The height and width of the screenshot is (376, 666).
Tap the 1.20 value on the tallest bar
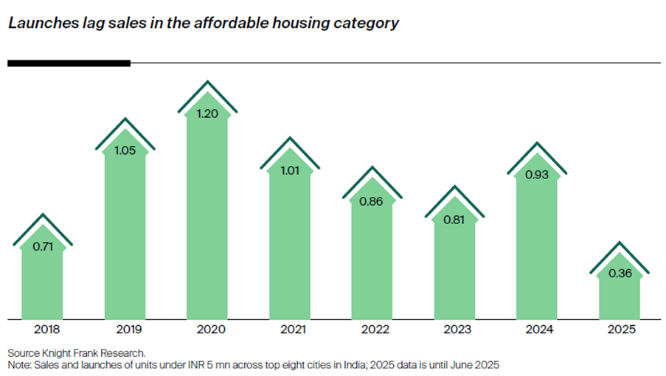(207, 114)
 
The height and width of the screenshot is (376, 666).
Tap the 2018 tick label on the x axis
(42, 330)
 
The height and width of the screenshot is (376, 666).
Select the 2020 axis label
(207, 330)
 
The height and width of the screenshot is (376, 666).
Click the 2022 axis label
(372, 330)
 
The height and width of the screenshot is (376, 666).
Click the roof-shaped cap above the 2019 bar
(125, 127)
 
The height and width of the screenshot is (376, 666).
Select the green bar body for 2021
(290, 251)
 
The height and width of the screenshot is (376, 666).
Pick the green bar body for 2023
(454, 273)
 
